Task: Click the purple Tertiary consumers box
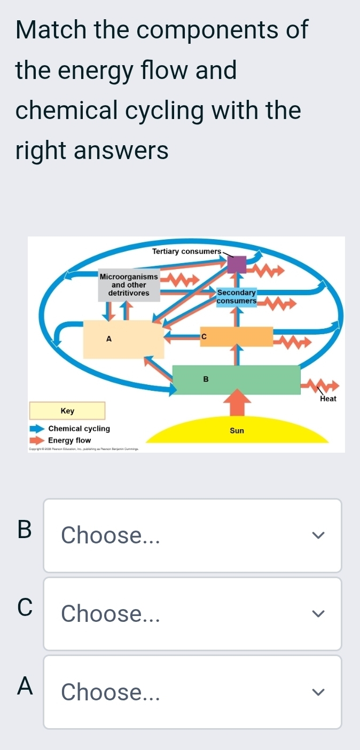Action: (x=237, y=264)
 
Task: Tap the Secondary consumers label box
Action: (x=237, y=297)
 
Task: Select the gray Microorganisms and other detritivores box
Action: (x=129, y=285)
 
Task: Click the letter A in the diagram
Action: (x=109, y=338)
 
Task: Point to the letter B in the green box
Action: (x=206, y=379)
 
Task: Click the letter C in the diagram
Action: (x=203, y=336)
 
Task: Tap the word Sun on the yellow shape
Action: (x=237, y=430)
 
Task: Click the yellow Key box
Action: (x=67, y=411)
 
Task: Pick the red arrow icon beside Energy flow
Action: (x=37, y=441)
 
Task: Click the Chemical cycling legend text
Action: (x=79, y=429)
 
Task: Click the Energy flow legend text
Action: (x=69, y=441)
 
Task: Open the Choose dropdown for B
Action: (x=192, y=535)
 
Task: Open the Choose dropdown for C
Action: (x=192, y=614)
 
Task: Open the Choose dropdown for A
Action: (x=192, y=692)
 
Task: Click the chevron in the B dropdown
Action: (x=318, y=535)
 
